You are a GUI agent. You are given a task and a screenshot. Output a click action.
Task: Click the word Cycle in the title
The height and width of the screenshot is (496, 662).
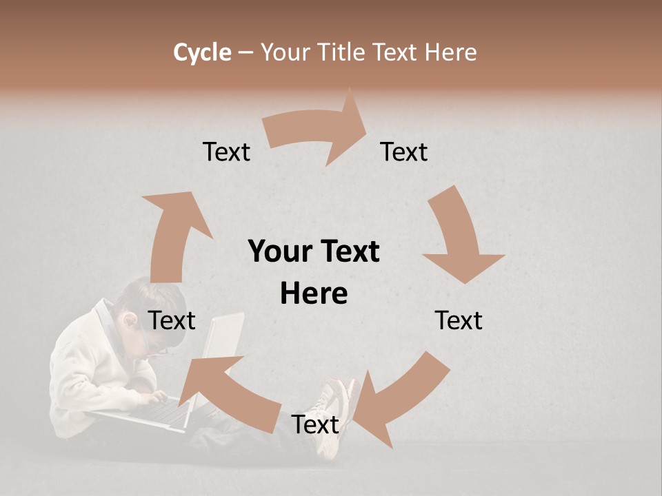click(x=202, y=52)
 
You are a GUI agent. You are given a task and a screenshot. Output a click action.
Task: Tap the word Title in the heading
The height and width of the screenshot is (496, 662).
click(x=341, y=52)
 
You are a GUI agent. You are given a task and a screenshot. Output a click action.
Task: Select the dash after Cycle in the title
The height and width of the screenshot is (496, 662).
click(x=245, y=53)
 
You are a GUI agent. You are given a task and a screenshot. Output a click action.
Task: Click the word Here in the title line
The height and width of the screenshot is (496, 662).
click(x=448, y=52)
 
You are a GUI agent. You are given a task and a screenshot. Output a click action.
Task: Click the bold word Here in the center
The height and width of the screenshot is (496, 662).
click(x=314, y=293)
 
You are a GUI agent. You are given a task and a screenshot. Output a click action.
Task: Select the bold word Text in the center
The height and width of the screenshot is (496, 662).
click(x=347, y=251)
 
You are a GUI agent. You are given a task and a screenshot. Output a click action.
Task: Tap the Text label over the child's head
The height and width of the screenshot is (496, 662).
click(x=172, y=320)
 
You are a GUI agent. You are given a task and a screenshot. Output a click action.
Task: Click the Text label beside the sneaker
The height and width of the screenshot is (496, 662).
click(x=315, y=424)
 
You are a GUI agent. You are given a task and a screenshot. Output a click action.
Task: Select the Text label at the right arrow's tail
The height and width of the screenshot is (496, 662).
click(x=226, y=152)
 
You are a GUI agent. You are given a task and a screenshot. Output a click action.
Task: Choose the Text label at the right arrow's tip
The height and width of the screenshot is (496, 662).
click(x=404, y=152)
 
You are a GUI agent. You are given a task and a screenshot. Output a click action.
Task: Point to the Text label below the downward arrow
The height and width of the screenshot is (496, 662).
click(x=459, y=320)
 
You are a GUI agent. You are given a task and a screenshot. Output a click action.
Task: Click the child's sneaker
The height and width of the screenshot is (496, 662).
click(x=334, y=413)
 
